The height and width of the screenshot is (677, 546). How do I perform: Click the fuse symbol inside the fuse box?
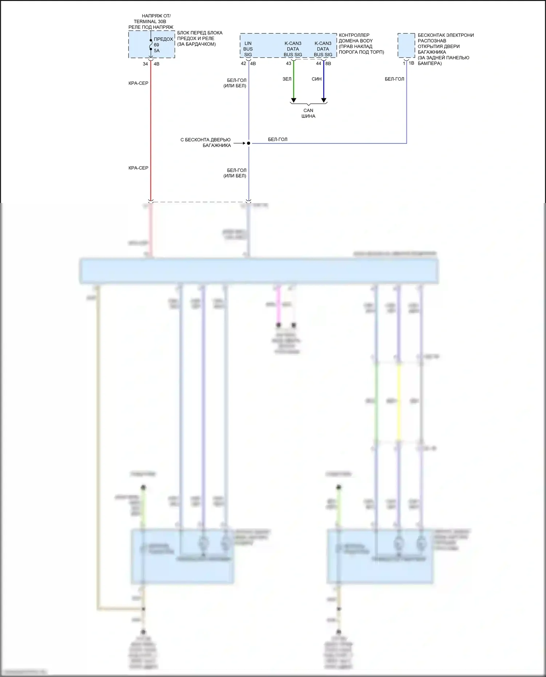coord(151,44)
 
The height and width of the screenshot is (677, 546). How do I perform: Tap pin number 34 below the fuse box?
coord(145,64)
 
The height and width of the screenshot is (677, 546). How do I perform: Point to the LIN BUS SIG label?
coord(248,49)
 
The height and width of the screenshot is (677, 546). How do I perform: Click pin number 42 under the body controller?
coord(243,64)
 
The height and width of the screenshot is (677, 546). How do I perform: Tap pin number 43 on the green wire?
coord(289,63)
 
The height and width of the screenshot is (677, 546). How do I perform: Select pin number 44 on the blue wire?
coord(318,63)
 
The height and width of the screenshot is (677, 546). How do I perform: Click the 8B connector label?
coord(328,63)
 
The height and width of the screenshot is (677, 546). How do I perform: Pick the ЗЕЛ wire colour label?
coord(287,79)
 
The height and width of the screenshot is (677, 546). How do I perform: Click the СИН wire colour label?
coord(317,79)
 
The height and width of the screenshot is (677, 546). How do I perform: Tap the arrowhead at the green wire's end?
coord(293,100)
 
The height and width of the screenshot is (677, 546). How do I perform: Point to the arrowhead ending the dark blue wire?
coord(324,100)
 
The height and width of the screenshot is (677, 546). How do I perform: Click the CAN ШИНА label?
coord(308,113)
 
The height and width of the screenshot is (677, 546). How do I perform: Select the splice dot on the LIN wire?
coord(249,143)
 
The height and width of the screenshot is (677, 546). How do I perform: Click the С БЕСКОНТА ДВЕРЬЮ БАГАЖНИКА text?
coord(206,142)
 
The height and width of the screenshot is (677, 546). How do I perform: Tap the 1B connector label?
coord(411,63)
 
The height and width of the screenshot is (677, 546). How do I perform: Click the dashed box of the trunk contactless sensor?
coord(406,45)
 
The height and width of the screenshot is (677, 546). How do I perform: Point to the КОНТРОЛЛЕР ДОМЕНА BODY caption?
coord(361,44)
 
